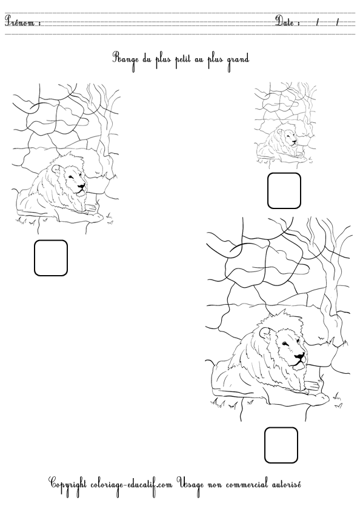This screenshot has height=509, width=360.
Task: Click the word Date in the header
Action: pos(286,22)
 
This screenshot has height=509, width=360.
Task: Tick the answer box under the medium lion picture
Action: pos(51,258)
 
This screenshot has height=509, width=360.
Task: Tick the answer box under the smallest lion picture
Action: pos(284,190)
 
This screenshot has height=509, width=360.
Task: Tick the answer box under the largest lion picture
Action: pos(281,445)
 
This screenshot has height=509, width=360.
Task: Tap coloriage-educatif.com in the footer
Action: pos(134,484)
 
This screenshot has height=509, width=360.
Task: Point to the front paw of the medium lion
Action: pos(91,209)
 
